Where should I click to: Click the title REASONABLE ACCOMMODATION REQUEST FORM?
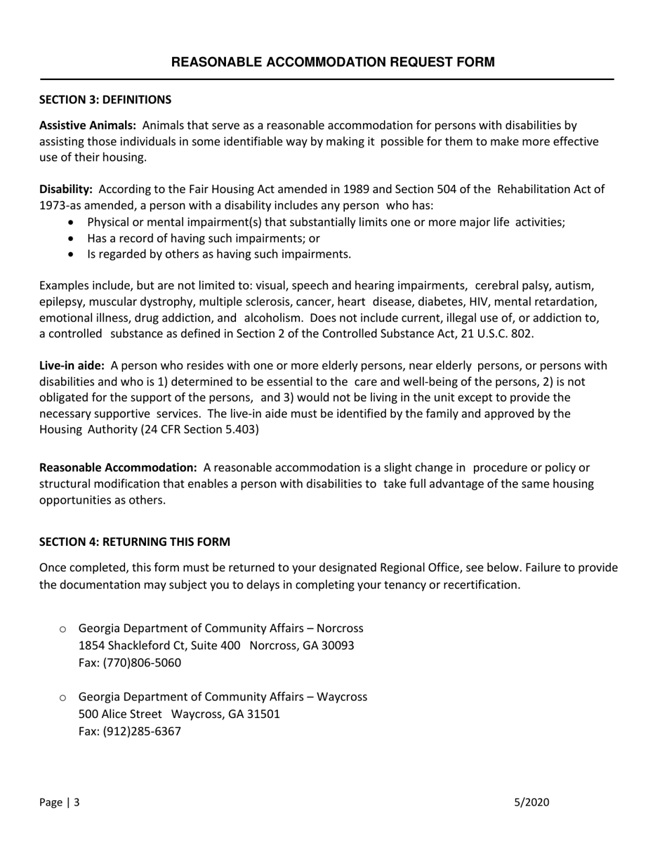click(333, 62)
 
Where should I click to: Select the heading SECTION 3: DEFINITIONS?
click(105, 100)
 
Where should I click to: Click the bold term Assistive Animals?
click(87, 125)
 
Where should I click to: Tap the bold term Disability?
click(65, 189)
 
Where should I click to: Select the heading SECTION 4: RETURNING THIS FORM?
click(134, 542)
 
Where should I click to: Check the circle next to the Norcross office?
click(62, 629)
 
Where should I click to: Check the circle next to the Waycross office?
click(62, 698)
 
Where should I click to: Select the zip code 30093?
click(338, 645)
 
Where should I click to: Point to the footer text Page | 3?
click(59, 802)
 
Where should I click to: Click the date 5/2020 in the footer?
click(531, 802)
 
